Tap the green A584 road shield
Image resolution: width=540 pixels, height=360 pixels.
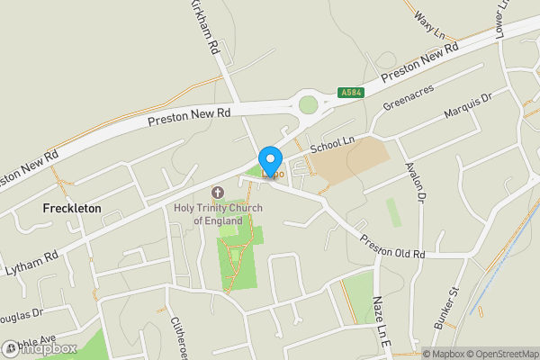click(x=352, y=92)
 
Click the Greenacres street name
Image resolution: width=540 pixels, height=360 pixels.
click(x=409, y=97)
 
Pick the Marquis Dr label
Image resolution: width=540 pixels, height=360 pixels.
click(x=469, y=107)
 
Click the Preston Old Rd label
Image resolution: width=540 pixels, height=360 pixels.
click(x=391, y=247)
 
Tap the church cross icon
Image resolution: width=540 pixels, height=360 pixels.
click(x=217, y=193)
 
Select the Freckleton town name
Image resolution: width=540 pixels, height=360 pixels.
click(x=72, y=208)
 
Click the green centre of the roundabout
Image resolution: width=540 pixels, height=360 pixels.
click(x=309, y=104)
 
